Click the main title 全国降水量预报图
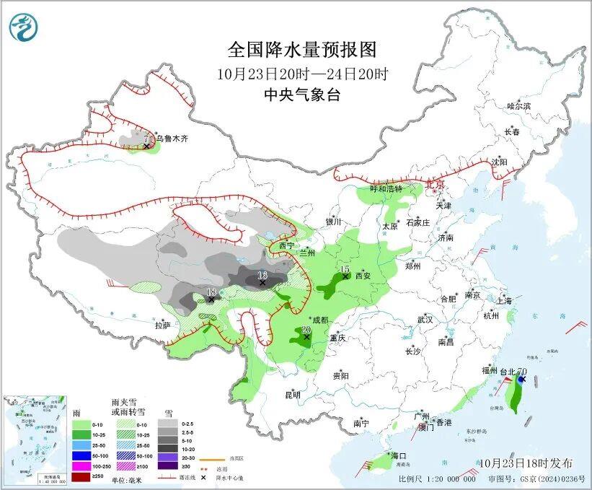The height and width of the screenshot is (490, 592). (302, 50)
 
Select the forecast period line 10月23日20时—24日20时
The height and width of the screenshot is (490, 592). (302, 74)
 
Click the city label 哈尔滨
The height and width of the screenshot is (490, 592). (518, 106)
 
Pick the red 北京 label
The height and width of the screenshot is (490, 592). (436, 184)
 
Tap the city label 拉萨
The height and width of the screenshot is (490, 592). (162, 325)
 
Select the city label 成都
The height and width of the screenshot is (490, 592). (319, 320)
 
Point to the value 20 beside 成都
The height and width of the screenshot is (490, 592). (306, 329)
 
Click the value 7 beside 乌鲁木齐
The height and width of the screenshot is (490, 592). (146, 139)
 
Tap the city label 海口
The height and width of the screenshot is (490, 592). (399, 456)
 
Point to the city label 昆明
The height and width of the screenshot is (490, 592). (292, 395)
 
